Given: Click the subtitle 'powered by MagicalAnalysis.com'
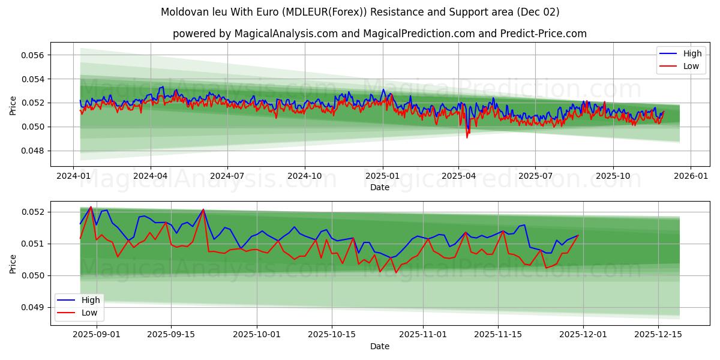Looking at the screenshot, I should (x=379, y=34).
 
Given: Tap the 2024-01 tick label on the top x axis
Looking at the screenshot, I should (x=73, y=176).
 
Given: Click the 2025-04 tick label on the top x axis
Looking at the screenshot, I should (x=458, y=176).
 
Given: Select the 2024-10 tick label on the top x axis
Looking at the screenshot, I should (x=304, y=176).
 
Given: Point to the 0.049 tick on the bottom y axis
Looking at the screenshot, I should (x=32, y=307).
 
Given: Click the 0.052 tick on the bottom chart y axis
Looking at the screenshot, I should (x=32, y=212).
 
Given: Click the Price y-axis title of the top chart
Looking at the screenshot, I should (x=13, y=106).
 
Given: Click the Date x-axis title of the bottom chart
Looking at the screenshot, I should (x=379, y=346).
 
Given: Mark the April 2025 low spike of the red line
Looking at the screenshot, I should (x=467, y=137).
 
